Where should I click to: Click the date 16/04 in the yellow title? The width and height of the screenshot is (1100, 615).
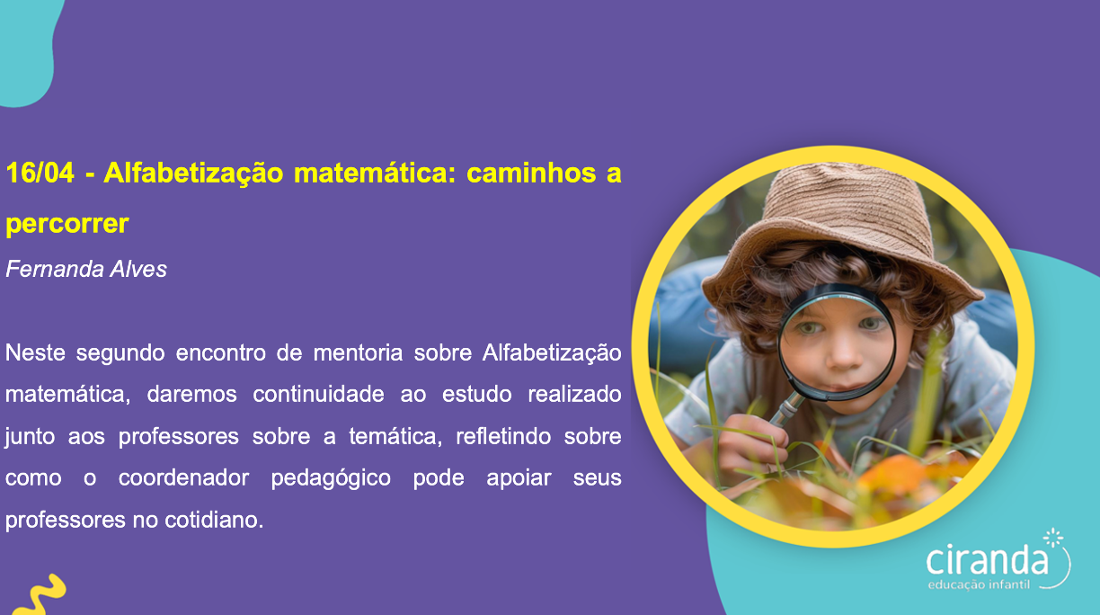(x=40, y=173)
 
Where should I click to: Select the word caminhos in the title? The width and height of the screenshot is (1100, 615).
(x=531, y=173)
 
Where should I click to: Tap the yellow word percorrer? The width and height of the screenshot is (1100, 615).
(x=67, y=224)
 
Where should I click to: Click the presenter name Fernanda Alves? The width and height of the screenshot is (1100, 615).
(x=86, y=269)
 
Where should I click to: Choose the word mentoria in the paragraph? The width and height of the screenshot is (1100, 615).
(x=358, y=352)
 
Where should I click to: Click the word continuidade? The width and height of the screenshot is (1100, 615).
(x=318, y=394)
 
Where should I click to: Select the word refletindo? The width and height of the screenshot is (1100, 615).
(x=503, y=436)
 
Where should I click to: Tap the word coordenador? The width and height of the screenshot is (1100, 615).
(x=183, y=477)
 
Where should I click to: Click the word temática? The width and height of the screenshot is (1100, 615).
(x=393, y=436)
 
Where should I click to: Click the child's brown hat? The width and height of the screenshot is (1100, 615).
(x=842, y=226)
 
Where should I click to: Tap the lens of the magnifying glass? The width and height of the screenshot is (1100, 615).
(x=838, y=343)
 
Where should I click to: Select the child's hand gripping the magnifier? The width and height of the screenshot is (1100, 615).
(x=754, y=442)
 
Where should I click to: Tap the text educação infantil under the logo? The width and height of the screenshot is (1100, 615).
(x=979, y=584)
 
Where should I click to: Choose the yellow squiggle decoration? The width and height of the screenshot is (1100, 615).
(x=40, y=595)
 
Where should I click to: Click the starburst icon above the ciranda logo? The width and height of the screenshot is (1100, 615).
(x=1053, y=538)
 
